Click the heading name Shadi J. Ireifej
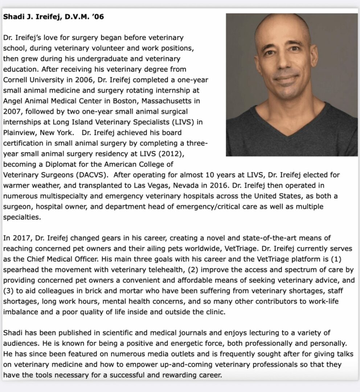32,17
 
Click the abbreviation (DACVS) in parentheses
91,175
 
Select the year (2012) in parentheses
172,154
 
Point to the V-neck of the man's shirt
289,131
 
